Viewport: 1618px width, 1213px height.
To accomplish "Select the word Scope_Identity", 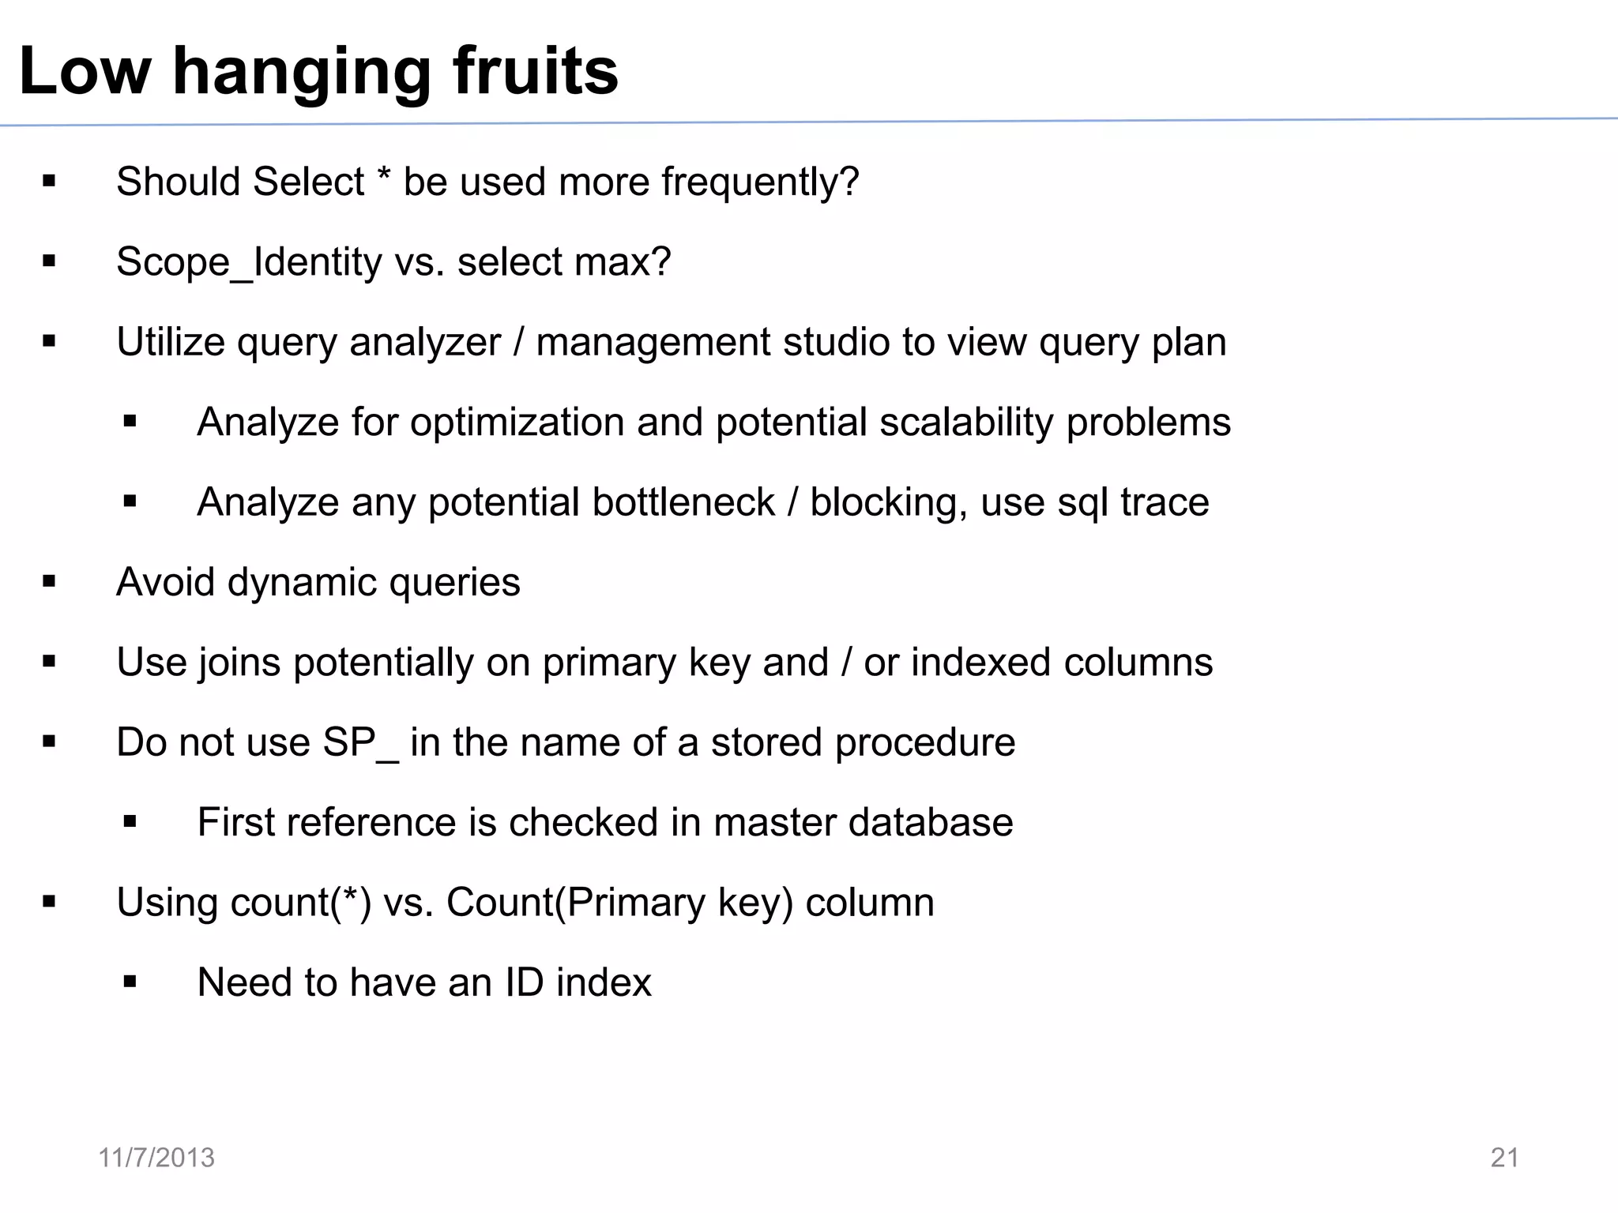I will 249,262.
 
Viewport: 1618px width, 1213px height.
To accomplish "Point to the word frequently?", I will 760,182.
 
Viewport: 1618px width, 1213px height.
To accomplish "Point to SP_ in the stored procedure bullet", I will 361,743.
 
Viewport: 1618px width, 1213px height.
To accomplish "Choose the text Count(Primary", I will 575,903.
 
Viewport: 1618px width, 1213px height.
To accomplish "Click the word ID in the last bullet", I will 524,982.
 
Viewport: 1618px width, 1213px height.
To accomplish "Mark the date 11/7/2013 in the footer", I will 156,1158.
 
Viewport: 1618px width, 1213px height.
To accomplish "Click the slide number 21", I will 1504,1158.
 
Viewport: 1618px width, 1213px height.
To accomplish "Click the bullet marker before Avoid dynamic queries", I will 50,583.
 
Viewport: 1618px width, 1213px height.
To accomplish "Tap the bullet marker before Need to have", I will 130,982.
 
